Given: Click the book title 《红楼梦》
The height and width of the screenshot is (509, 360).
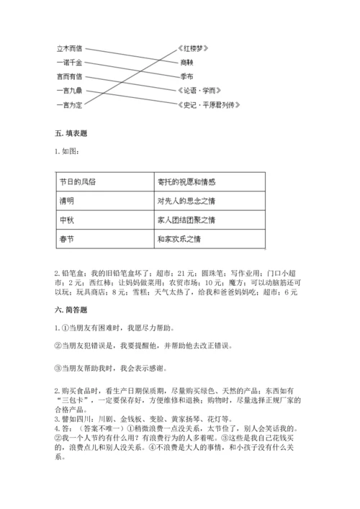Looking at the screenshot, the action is (193, 48).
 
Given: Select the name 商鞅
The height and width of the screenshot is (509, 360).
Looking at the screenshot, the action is (189, 63).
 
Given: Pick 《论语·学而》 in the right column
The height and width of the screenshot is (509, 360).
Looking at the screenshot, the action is (199, 91).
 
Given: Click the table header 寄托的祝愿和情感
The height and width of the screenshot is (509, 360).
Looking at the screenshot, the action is (186, 181).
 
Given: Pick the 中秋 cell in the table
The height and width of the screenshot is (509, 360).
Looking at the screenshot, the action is (68, 219).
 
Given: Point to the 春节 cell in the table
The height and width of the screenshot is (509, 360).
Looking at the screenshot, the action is (68, 238).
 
